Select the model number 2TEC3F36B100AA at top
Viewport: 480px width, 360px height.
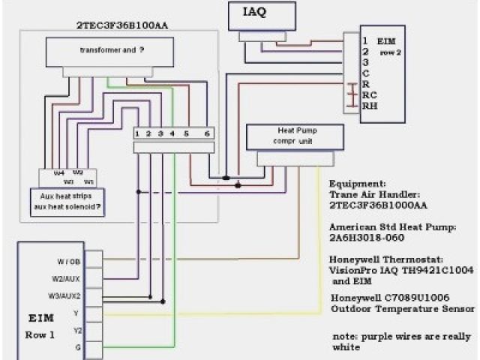[x=121, y=25]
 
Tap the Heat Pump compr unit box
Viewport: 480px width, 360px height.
[x=295, y=135]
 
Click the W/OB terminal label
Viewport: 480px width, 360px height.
[x=68, y=262]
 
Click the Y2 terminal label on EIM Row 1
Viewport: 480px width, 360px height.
[x=76, y=329]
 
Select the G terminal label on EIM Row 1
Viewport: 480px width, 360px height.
[x=78, y=346]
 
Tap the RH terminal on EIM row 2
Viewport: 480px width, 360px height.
[x=370, y=106]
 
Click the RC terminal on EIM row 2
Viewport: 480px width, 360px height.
[x=369, y=95]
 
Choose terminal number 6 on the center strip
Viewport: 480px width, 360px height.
[x=207, y=133]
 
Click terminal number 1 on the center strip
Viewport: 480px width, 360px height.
[x=139, y=133]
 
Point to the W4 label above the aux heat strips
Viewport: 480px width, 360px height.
[x=58, y=172]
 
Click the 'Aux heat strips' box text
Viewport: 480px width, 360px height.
[x=71, y=194]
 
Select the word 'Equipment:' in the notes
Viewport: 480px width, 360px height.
[x=358, y=182]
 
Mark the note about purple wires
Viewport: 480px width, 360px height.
[x=394, y=341]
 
